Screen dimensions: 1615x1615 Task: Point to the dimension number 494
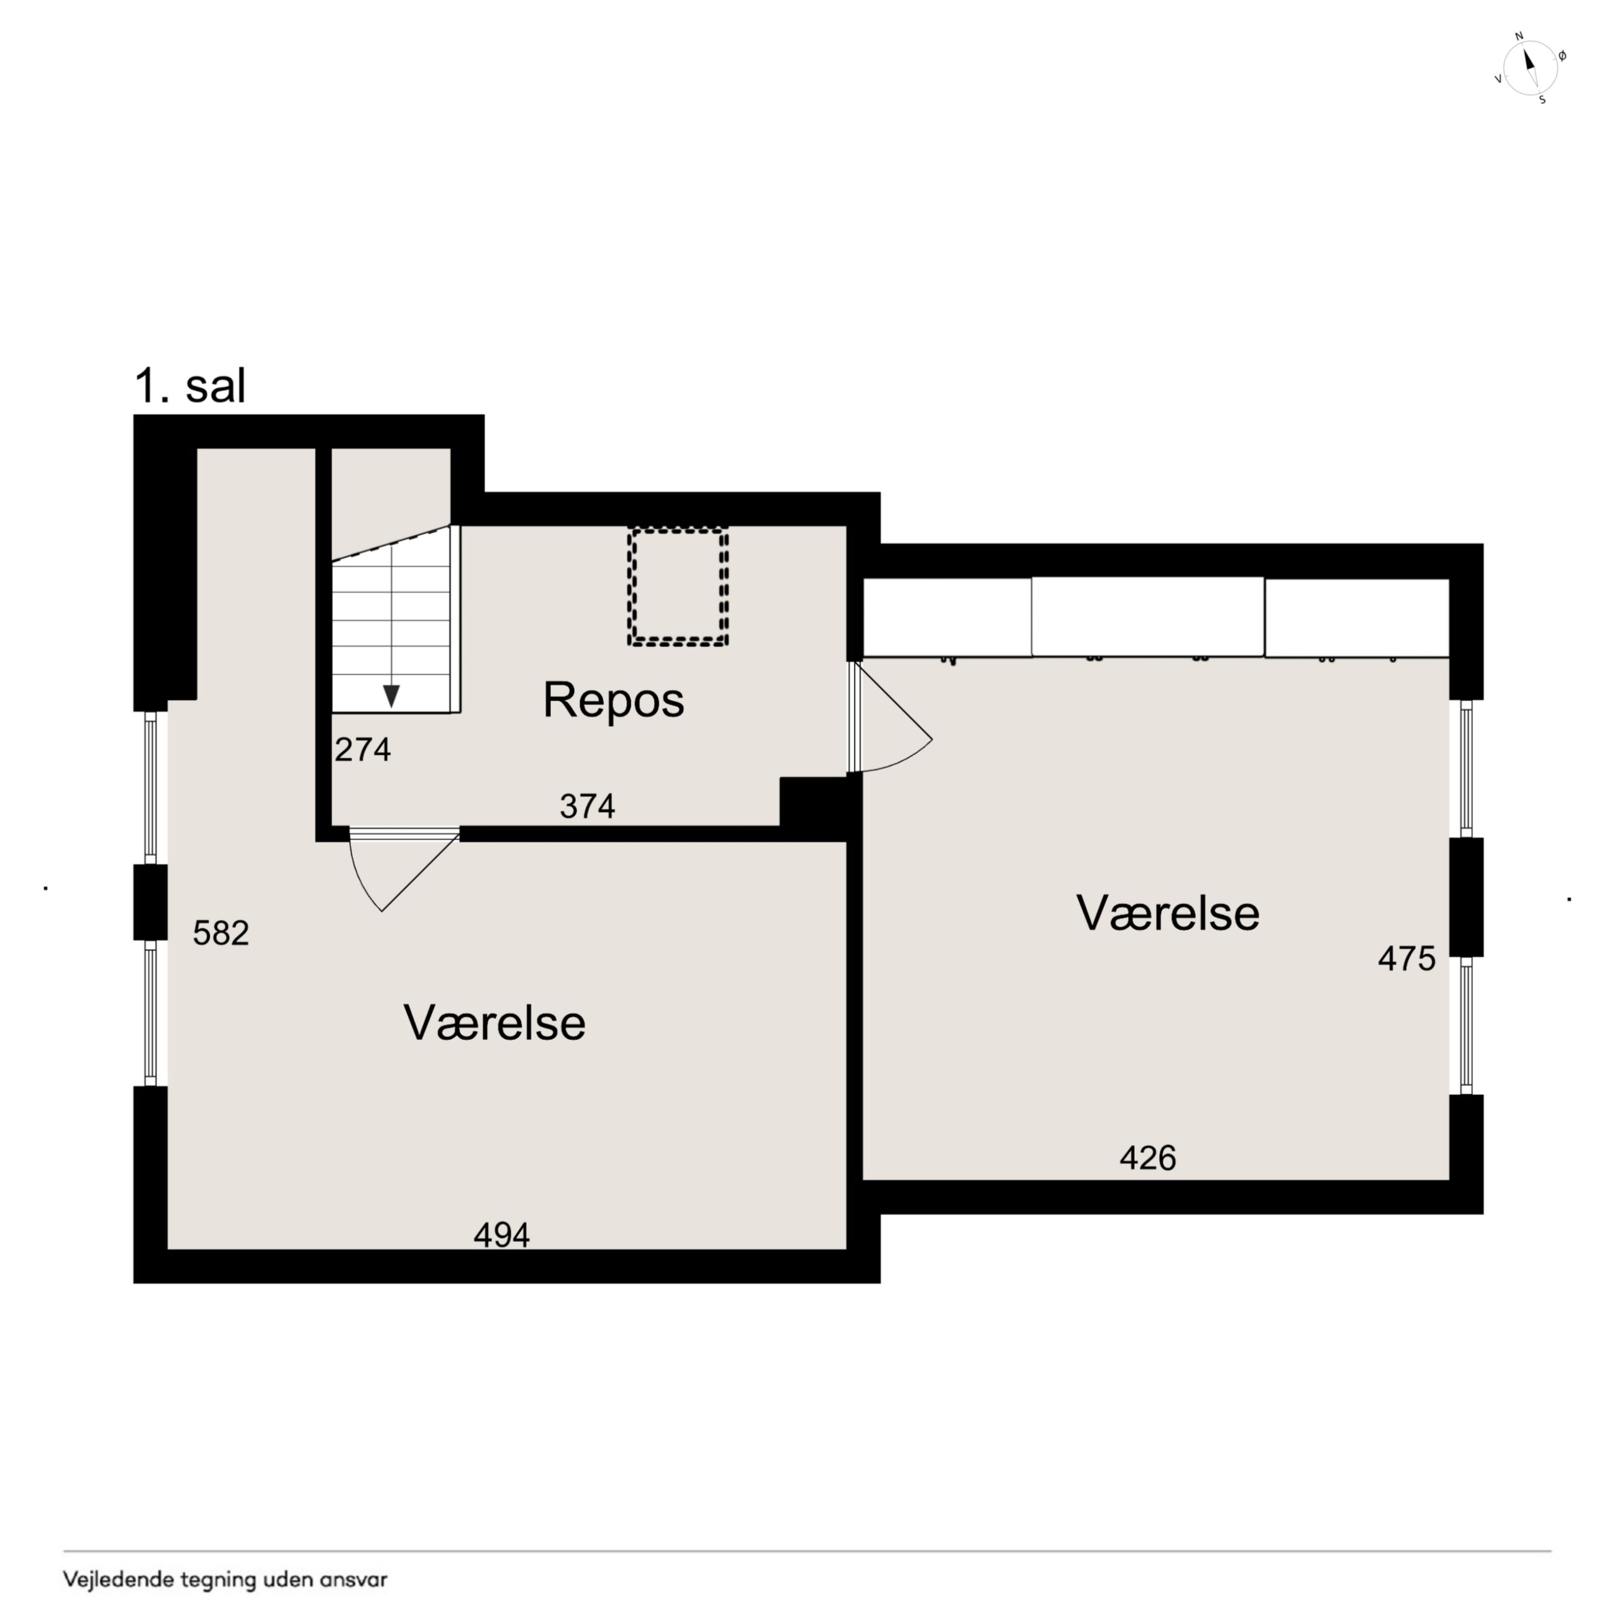point(501,1235)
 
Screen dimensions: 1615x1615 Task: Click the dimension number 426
point(1148,1158)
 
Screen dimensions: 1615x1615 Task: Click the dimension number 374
point(588,806)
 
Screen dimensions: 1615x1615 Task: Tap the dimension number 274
point(363,750)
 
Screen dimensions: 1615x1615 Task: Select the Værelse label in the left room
point(495,1022)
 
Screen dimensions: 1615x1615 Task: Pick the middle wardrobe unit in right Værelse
point(1148,617)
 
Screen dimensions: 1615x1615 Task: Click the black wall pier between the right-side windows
point(1466,896)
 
